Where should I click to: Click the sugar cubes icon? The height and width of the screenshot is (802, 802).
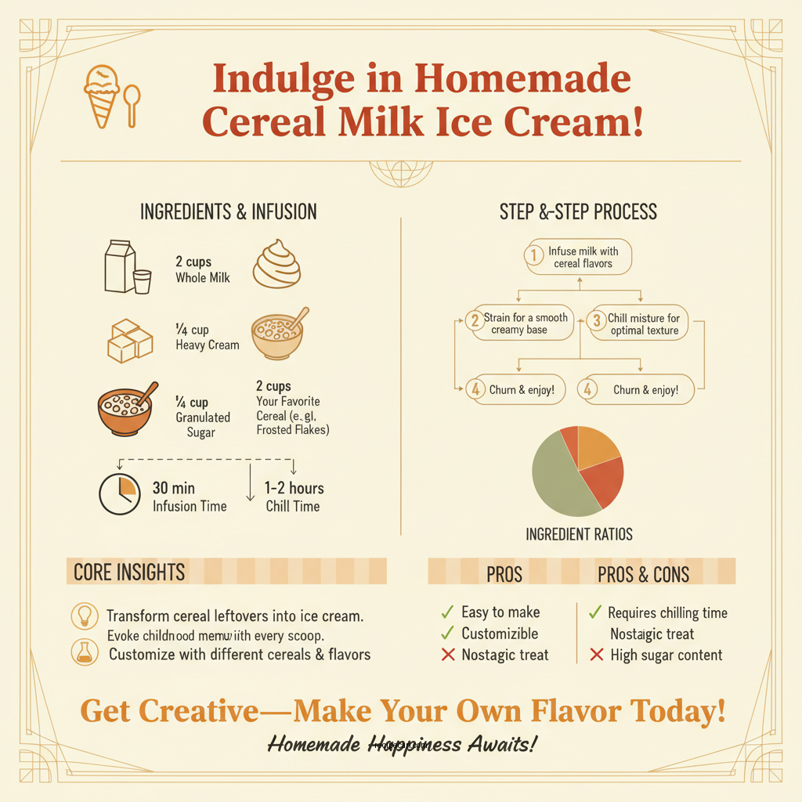(x=129, y=340)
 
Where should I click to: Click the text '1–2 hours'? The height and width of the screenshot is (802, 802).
(x=294, y=489)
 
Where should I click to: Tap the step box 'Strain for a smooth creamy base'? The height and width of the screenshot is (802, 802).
(x=518, y=323)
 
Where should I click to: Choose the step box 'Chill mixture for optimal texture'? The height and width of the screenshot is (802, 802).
(x=638, y=323)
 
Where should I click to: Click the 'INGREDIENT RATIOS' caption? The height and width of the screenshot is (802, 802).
(x=579, y=535)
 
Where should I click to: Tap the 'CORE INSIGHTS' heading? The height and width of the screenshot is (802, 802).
(x=129, y=572)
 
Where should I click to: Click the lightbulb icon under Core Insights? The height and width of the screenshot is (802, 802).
(x=84, y=615)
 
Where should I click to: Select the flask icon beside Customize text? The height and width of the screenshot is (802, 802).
(x=84, y=652)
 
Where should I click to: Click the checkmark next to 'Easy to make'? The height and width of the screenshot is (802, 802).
(x=447, y=612)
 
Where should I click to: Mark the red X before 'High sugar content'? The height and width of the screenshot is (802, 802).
(x=597, y=655)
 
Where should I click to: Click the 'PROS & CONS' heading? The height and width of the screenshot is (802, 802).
(x=643, y=575)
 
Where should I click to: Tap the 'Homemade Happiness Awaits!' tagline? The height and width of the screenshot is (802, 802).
(x=402, y=744)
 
